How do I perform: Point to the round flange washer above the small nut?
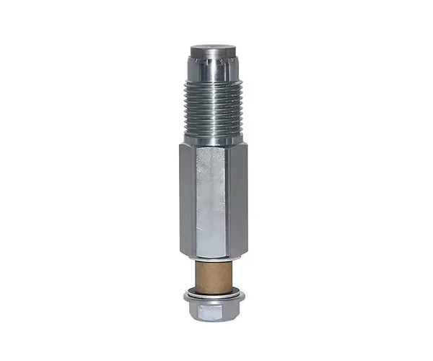pyautogui.click(x=214, y=295)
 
